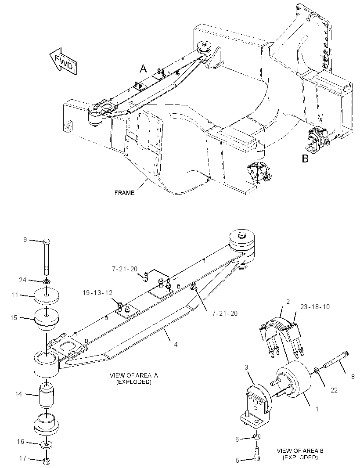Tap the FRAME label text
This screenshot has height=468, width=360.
(125, 193)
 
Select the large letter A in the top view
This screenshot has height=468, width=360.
(143, 69)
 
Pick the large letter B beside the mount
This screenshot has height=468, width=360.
(305, 158)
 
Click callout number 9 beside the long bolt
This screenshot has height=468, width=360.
(25, 239)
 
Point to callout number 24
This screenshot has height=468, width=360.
(23, 280)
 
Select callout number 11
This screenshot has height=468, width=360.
(15, 295)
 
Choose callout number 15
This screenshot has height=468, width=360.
(14, 318)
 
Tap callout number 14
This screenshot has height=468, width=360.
(18, 394)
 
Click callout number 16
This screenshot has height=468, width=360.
(20, 441)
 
